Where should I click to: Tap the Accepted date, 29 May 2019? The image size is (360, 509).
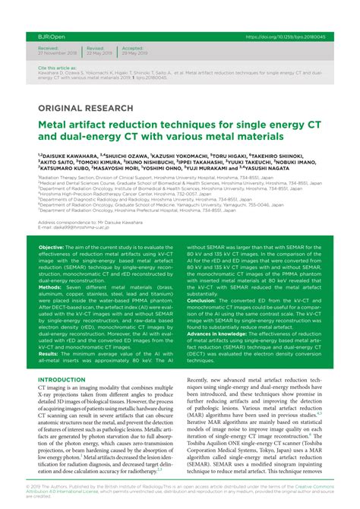pyautogui.click(x=136, y=52)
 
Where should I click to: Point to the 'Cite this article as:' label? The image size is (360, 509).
pyautogui.click(x=56, y=68)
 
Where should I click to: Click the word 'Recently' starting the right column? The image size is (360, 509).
pyautogui.click(x=201, y=379)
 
